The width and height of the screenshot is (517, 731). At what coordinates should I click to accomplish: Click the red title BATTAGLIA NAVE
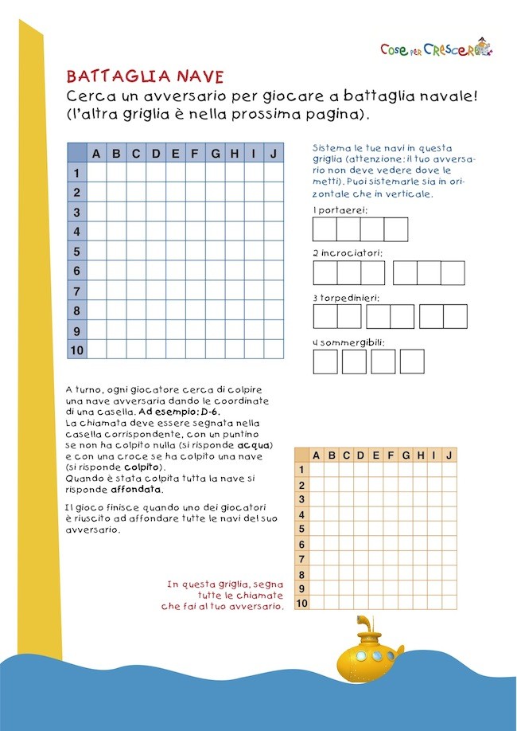point(145,76)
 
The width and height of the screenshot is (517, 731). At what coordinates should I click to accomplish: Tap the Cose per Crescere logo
point(436,49)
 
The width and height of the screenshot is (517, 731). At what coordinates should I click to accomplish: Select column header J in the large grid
point(274,154)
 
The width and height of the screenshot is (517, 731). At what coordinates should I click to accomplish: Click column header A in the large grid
point(96,154)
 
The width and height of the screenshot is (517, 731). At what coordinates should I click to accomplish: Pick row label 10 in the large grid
point(77,349)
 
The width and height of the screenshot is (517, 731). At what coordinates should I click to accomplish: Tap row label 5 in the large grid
point(77,251)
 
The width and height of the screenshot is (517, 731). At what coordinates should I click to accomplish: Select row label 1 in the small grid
point(301,470)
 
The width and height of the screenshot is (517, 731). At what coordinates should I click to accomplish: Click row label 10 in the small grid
point(301,604)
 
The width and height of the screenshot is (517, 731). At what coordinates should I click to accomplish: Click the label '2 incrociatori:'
point(348,252)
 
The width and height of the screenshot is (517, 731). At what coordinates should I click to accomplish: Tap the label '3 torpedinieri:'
point(346,297)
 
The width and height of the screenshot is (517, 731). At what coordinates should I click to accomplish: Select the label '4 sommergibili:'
point(348,342)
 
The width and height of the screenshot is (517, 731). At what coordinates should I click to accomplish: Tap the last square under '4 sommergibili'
point(412,362)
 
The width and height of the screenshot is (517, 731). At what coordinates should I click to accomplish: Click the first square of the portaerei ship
point(325,229)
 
